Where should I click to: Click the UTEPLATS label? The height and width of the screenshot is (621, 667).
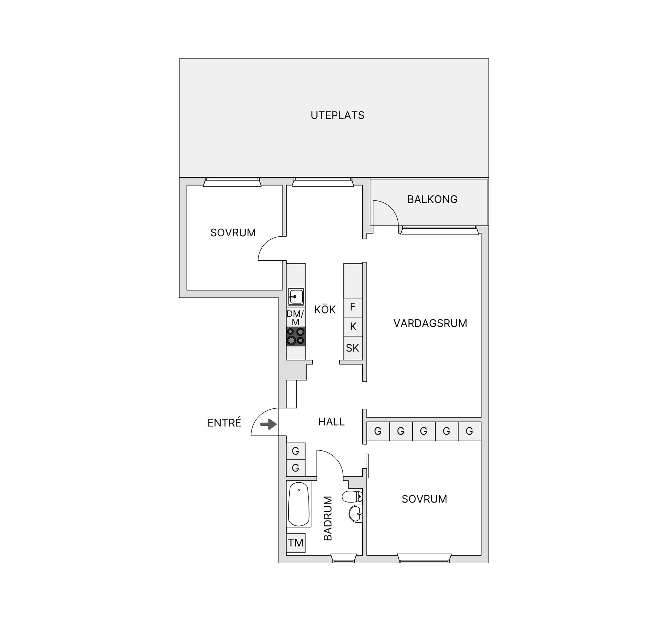tap(337, 115)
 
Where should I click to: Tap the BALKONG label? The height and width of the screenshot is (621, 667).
tap(432, 199)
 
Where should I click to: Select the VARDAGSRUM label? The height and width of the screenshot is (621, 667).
tap(430, 323)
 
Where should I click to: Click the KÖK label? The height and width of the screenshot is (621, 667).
tap(325, 309)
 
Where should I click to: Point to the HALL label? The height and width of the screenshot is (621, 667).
tap(331, 422)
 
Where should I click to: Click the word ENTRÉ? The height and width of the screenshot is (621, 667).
tap(224, 423)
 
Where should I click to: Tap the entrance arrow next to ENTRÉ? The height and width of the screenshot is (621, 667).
tap(268, 424)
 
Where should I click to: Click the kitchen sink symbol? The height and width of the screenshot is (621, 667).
tap(296, 297)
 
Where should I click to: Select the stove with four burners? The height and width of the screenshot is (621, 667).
tap(296, 336)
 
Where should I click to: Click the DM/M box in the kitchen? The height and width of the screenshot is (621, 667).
tap(295, 318)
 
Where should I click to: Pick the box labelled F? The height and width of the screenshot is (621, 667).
tap(353, 307)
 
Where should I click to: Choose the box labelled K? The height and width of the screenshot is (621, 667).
tap(353, 326)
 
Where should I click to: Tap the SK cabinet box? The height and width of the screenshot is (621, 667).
tap(353, 348)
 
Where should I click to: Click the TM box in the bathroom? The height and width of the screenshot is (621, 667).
tap(296, 542)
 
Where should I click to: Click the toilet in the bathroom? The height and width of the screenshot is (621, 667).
tap(352, 497)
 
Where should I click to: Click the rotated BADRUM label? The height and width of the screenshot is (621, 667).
tap(328, 518)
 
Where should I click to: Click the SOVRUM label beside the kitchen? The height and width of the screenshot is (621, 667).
tap(233, 232)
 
